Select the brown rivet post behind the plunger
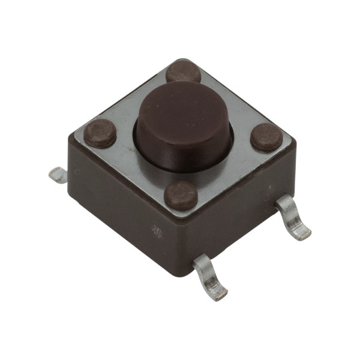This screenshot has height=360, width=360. click(183, 71)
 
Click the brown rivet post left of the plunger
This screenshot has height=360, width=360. click(100, 133)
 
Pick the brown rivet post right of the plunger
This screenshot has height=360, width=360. click(266, 137)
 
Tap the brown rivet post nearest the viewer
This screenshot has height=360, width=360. click(181, 195)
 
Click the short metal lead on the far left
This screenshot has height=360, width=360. click(58, 175)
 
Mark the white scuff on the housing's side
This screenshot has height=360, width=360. click(157, 230)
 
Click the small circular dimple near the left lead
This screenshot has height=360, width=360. click(77, 172)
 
